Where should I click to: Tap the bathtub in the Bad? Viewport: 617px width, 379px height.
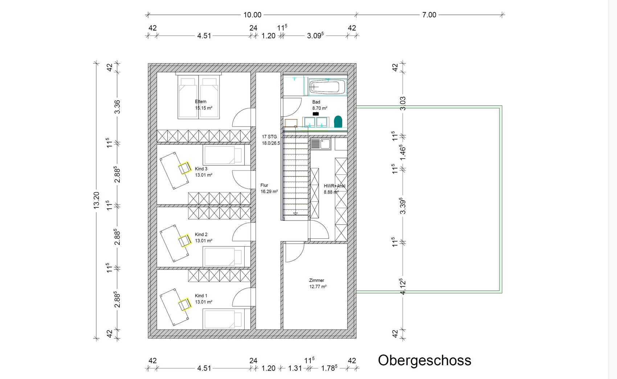pos(327,87)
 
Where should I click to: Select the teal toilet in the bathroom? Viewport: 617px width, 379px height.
pos(338,122)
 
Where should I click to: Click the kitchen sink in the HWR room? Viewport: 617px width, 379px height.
pos(320,144)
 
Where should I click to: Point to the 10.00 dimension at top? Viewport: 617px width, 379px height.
pos(252,15)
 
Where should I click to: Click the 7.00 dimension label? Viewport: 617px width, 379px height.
pos(429,15)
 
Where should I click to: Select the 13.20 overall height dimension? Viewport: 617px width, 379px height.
pos(96,200)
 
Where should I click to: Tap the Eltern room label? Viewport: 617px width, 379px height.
pos(200,101)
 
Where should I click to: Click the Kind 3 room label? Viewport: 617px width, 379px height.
pos(201,169)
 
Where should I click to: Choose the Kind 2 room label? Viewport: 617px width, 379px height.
pos(201,234)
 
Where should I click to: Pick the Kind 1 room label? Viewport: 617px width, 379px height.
pos(201,296)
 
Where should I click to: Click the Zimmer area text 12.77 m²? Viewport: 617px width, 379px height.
pos(318,287)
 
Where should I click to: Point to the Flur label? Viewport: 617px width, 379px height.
pos(264,185)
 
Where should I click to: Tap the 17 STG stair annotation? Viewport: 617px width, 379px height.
pos(269,137)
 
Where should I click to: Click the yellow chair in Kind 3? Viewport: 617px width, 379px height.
pos(185,168)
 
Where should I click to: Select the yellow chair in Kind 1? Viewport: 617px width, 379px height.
pos(185,305)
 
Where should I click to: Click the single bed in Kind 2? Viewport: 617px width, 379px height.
pos(223,256)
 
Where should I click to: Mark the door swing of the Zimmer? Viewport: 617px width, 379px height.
pos(295,252)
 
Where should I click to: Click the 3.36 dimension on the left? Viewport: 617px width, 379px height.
pos(117,107)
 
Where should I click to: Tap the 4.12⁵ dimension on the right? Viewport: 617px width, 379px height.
pos(403,287)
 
